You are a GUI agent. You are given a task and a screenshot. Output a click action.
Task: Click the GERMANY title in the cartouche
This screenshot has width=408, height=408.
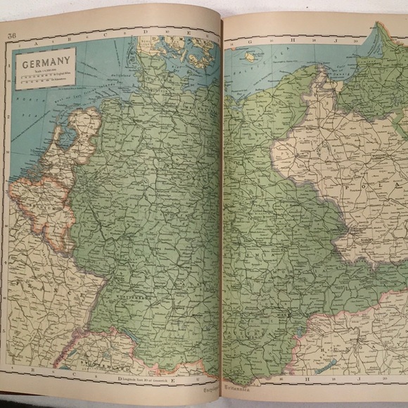coord(49,68)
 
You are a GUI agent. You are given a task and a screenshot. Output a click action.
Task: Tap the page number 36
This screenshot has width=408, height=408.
coord(12,37)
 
